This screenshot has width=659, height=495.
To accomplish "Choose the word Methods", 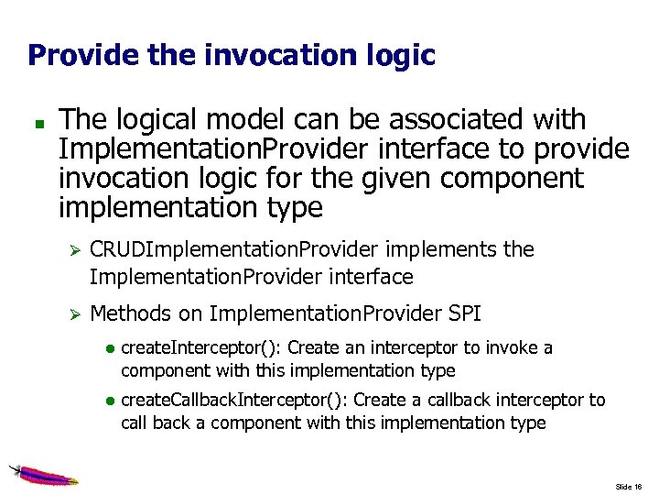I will click(x=131, y=313).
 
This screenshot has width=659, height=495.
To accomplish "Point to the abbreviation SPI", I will click(x=463, y=313).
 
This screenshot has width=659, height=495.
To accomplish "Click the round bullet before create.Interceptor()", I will click(x=109, y=349).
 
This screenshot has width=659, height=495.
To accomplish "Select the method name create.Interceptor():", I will click(x=201, y=348).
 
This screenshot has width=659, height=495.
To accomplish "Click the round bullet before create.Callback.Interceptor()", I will click(x=109, y=401).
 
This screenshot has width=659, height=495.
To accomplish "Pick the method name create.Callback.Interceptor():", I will click(x=234, y=401).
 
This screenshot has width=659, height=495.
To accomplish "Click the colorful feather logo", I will click(x=42, y=475).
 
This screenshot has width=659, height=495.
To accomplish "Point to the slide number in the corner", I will click(x=628, y=486).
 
